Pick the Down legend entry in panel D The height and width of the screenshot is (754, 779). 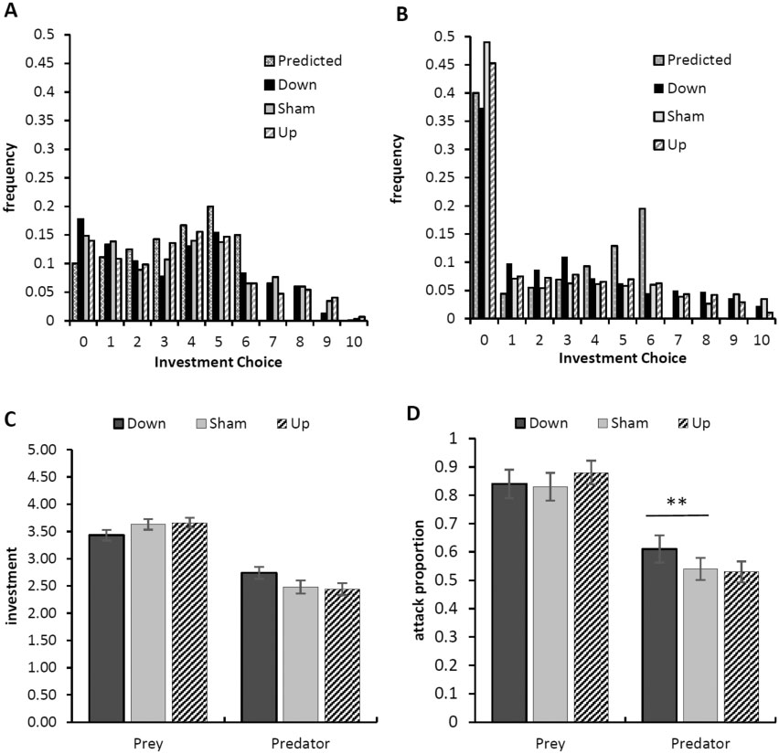(539, 422)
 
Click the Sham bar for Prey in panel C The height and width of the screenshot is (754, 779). (148, 622)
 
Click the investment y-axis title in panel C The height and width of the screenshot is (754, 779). (12, 586)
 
